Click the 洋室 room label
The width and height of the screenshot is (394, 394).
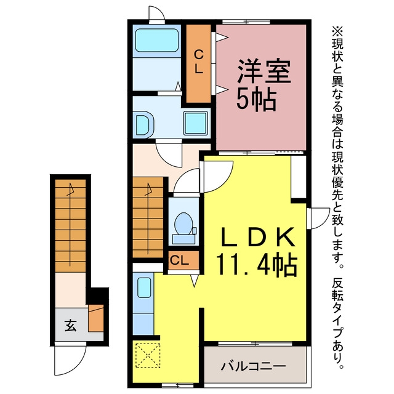265,71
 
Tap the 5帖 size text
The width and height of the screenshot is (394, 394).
257,100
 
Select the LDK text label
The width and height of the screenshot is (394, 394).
257,236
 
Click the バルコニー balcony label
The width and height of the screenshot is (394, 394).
253,366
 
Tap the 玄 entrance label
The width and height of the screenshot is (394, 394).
70,325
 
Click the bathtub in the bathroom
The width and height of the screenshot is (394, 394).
157,41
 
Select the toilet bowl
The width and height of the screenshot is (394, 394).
183,223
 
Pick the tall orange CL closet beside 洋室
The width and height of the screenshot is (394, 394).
198,63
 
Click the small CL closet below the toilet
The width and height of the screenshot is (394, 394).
183,260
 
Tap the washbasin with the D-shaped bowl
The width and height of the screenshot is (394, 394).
142,125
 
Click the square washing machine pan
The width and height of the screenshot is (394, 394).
196,123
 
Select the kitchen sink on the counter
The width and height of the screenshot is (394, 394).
145,287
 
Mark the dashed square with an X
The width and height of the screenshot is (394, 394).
148,356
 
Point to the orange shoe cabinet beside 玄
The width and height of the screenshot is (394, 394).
96,318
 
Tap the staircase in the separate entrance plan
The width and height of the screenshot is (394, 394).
70,226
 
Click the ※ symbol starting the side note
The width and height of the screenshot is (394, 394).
338,31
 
